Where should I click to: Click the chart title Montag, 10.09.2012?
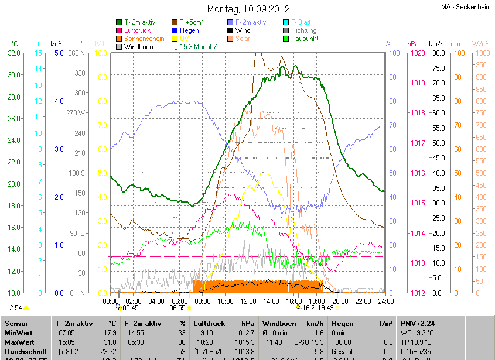point(247,9)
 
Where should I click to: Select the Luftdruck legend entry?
point(137,30)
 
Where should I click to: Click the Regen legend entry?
point(189,30)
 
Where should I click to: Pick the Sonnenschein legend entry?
point(144,39)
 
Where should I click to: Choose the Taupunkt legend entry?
point(304,39)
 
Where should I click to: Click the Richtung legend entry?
point(303,30)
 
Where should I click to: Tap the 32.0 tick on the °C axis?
point(14,53)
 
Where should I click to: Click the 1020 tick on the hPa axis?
point(417,53)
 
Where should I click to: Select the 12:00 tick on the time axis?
point(248,301)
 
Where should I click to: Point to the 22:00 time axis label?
point(363,301)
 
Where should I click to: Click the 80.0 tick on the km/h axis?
point(437,53)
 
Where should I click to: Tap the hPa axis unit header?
point(412,44)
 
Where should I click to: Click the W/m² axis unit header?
point(480,44)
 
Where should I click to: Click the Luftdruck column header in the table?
point(209,324)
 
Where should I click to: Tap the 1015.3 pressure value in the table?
point(244,342)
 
